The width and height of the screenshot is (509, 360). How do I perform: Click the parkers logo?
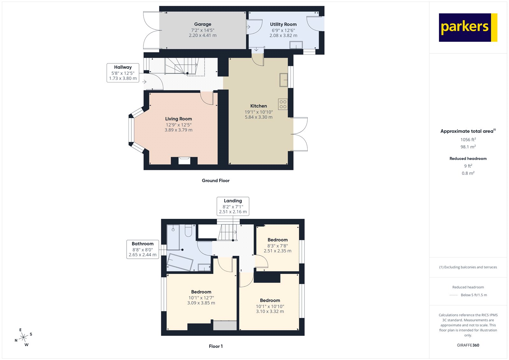pos(468,27)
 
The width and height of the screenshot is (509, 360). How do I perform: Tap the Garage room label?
pos(203,24)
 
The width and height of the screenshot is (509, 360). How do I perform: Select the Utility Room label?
pos(283,24)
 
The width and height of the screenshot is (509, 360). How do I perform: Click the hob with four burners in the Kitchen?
pos(283,104)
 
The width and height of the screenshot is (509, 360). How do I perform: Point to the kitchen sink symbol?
pos(283,80)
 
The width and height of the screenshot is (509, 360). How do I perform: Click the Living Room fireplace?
pos(184,160)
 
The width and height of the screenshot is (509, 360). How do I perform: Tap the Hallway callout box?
pos(123,73)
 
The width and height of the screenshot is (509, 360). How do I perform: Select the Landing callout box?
pos(233,206)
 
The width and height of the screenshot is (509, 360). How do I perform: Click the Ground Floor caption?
pos(215,180)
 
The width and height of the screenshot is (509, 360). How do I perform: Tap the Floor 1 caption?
pos(216,346)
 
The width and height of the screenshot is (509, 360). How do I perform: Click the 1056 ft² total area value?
pos(468,139)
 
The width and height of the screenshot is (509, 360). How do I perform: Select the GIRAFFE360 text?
pos(468,345)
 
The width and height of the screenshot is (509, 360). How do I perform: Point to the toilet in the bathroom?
pos(188,231)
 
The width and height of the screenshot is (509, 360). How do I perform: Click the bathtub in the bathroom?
pos(180,262)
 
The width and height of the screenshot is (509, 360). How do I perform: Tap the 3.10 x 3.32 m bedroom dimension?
pos(270,312)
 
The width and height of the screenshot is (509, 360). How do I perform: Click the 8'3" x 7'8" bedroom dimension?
pos(277,246)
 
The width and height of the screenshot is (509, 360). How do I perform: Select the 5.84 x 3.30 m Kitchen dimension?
pos(258,117)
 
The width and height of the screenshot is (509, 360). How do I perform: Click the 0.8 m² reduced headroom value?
pos(468,173)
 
